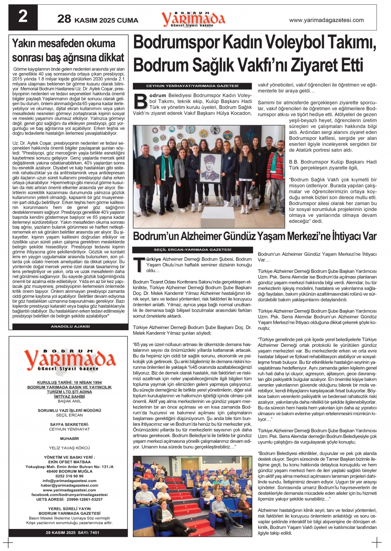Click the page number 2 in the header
click(23, 17)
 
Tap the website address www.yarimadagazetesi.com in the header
click(326, 20)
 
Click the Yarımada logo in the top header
click(193, 18)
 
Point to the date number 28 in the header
click(64, 19)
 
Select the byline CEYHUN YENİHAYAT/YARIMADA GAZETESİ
click(192, 86)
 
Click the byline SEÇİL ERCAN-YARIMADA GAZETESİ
click(192, 250)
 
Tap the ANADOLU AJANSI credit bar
click(70, 327)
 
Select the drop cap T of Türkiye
click(138, 265)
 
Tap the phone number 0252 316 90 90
click(69, 476)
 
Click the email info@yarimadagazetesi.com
click(69, 481)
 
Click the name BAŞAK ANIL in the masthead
click(69, 401)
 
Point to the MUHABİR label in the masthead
click(69, 438)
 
